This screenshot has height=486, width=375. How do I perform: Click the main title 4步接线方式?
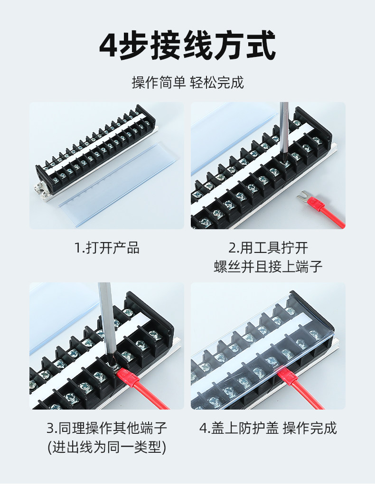pyautogui.click(x=187, y=45)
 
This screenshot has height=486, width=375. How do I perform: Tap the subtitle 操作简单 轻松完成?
pyautogui.click(x=188, y=83)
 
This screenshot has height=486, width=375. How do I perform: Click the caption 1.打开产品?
pyautogui.click(x=107, y=248)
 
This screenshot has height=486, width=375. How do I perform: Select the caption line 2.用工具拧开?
pyautogui.click(x=268, y=248)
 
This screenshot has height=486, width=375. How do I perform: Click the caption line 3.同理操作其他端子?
pyautogui.click(x=107, y=428)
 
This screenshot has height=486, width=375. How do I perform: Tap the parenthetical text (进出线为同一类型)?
pyautogui.click(x=107, y=447)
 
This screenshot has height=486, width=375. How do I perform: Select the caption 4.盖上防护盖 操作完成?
pyautogui.click(x=268, y=428)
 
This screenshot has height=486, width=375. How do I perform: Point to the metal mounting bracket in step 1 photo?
pyautogui.click(x=41, y=191)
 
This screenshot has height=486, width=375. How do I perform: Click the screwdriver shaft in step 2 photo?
pyautogui.click(x=284, y=130)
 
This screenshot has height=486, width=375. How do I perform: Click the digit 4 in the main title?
pyautogui.click(x=109, y=46)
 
